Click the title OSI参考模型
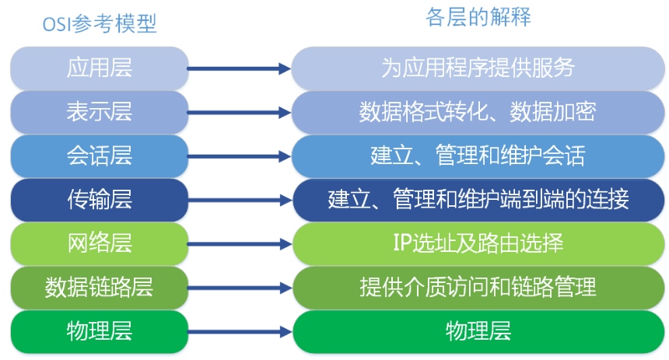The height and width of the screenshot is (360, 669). pyautogui.click(x=99, y=25)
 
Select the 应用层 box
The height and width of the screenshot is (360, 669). pyautogui.click(x=99, y=68)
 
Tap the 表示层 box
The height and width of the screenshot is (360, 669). pyautogui.click(x=99, y=112)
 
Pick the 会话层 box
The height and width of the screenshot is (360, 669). pyautogui.click(x=99, y=156)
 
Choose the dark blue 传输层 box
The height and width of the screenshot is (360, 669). pyautogui.click(x=99, y=200)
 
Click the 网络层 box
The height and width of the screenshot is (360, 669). pyautogui.click(x=99, y=243)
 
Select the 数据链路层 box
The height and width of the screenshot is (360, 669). pyautogui.click(x=99, y=288)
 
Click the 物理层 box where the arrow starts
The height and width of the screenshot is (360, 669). pyautogui.click(x=99, y=332)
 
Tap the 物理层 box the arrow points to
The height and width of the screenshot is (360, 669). pyautogui.click(x=478, y=332)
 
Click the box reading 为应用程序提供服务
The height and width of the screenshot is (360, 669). pyautogui.click(x=478, y=68)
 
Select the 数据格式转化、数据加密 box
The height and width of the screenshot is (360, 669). pyautogui.click(x=478, y=112)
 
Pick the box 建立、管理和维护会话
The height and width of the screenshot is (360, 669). pyautogui.click(x=478, y=156)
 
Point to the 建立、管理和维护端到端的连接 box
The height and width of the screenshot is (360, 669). pyautogui.click(x=478, y=200)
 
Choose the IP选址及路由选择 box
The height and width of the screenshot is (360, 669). pyautogui.click(x=478, y=243)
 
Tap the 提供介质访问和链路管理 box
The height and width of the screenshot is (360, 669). pyautogui.click(x=478, y=288)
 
